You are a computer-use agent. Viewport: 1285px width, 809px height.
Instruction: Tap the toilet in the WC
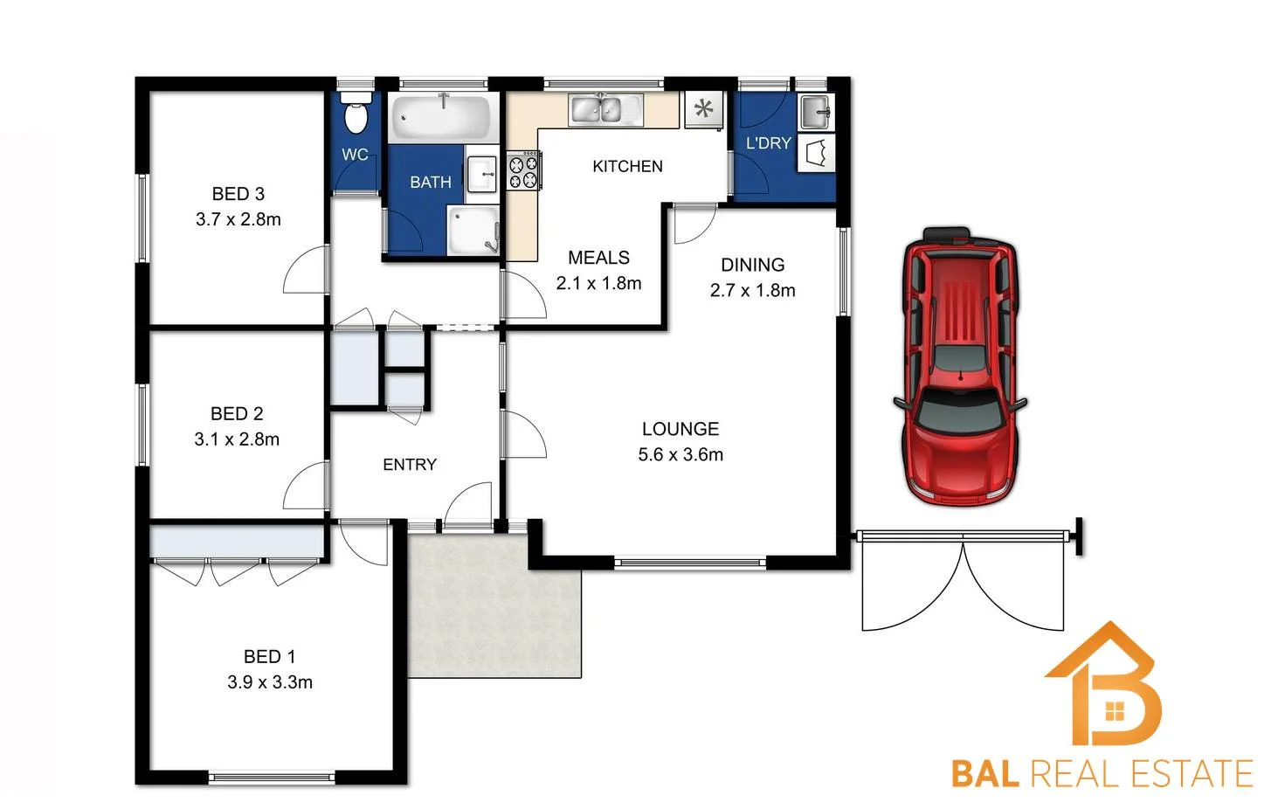[x=356, y=115]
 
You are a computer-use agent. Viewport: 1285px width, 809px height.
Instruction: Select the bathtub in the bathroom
[x=440, y=118]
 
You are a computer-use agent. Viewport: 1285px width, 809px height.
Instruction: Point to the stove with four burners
[x=522, y=170]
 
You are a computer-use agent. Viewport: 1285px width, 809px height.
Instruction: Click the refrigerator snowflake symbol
[x=703, y=109]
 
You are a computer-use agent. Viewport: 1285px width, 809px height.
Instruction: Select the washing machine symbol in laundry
[x=816, y=153]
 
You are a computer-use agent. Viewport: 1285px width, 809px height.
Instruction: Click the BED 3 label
[x=238, y=194]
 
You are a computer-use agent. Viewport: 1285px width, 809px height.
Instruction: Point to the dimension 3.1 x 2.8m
[x=237, y=439]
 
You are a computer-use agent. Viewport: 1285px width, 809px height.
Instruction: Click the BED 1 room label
[x=269, y=656]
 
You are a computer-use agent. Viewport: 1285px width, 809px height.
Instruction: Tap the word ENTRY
[x=409, y=465]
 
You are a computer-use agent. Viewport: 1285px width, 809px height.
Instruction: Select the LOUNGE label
[x=680, y=429]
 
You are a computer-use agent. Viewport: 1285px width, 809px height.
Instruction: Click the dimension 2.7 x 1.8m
[x=752, y=290]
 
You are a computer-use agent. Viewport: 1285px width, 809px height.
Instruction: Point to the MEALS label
[x=598, y=258]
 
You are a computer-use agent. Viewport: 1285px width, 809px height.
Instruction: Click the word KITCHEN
[x=626, y=166]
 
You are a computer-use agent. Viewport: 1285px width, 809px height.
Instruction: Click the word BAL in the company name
[x=984, y=774]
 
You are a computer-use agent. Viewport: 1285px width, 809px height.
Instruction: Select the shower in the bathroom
[x=473, y=230]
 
